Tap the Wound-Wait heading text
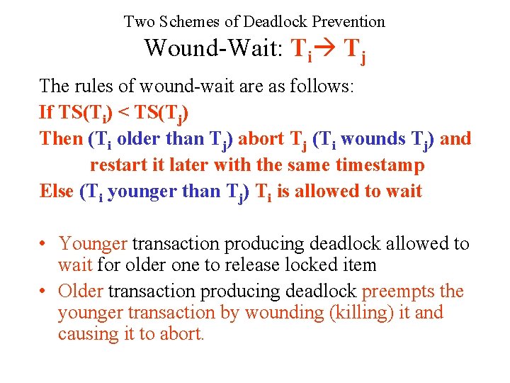click(x=213, y=48)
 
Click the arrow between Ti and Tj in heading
click(x=325, y=48)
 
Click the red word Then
click(x=62, y=138)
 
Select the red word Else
click(x=57, y=191)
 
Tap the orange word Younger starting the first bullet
click(x=93, y=244)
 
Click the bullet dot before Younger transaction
click(x=44, y=244)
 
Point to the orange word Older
click(x=81, y=292)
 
